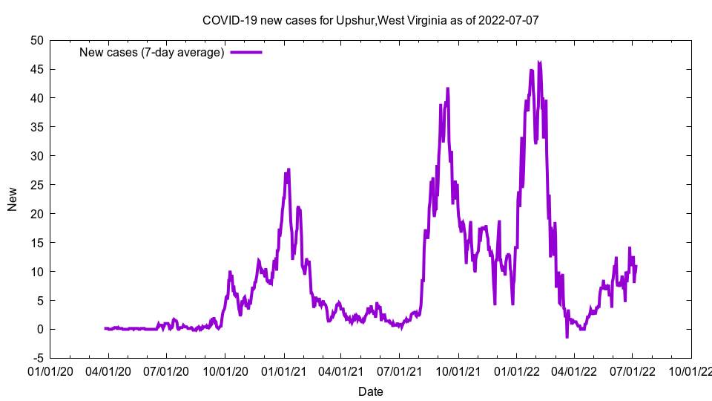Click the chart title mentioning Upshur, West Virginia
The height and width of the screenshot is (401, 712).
370,20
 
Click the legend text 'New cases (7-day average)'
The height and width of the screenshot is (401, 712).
152,52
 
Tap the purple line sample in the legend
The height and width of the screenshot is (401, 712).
246,52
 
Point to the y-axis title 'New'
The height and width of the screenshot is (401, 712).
13,199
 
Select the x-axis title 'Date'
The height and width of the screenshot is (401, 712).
370,391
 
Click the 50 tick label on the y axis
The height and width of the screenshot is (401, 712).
36,40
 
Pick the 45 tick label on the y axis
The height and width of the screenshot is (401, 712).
36,69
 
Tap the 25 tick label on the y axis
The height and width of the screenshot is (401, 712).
36,185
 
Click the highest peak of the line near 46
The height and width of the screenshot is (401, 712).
539,62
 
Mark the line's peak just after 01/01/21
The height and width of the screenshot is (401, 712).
289,169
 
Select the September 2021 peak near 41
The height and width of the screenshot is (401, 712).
448,88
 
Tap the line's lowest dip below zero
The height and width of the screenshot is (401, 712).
567,337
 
